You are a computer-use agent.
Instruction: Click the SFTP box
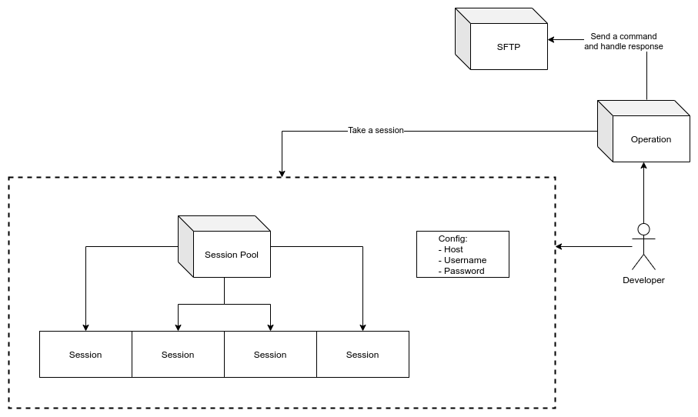(508, 47)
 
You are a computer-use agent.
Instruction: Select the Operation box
(650, 139)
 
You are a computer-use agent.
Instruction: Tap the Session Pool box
(231, 255)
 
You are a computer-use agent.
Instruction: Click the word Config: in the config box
(453, 239)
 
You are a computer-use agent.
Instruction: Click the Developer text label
(643, 280)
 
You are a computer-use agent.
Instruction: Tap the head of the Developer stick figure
(643, 229)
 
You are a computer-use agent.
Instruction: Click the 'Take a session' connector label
(376, 131)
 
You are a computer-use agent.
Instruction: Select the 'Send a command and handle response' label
(623, 42)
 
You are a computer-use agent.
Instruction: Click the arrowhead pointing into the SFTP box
(552, 39)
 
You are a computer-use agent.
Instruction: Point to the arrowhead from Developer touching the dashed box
(559, 247)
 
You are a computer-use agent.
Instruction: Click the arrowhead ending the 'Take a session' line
(282, 173)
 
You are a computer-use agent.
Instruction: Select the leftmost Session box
(85, 355)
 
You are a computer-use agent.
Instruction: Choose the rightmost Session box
(362, 355)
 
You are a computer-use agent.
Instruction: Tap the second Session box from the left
(178, 355)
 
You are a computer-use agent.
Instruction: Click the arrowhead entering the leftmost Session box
(85, 327)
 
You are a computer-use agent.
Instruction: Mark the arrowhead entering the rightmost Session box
(362, 327)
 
